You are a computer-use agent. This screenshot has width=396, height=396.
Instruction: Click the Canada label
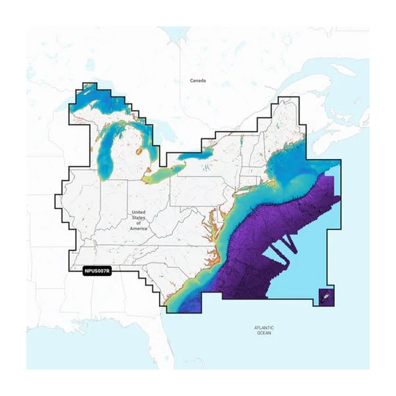[198, 81]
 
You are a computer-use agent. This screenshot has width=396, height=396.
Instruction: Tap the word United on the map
[138, 212]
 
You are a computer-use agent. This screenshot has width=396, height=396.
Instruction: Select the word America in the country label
[138, 228]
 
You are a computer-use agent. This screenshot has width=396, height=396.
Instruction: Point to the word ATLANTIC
[264, 327]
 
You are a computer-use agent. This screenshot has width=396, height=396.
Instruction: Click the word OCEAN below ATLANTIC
[264, 333]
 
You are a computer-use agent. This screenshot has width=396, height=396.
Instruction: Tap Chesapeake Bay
[211, 220]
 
